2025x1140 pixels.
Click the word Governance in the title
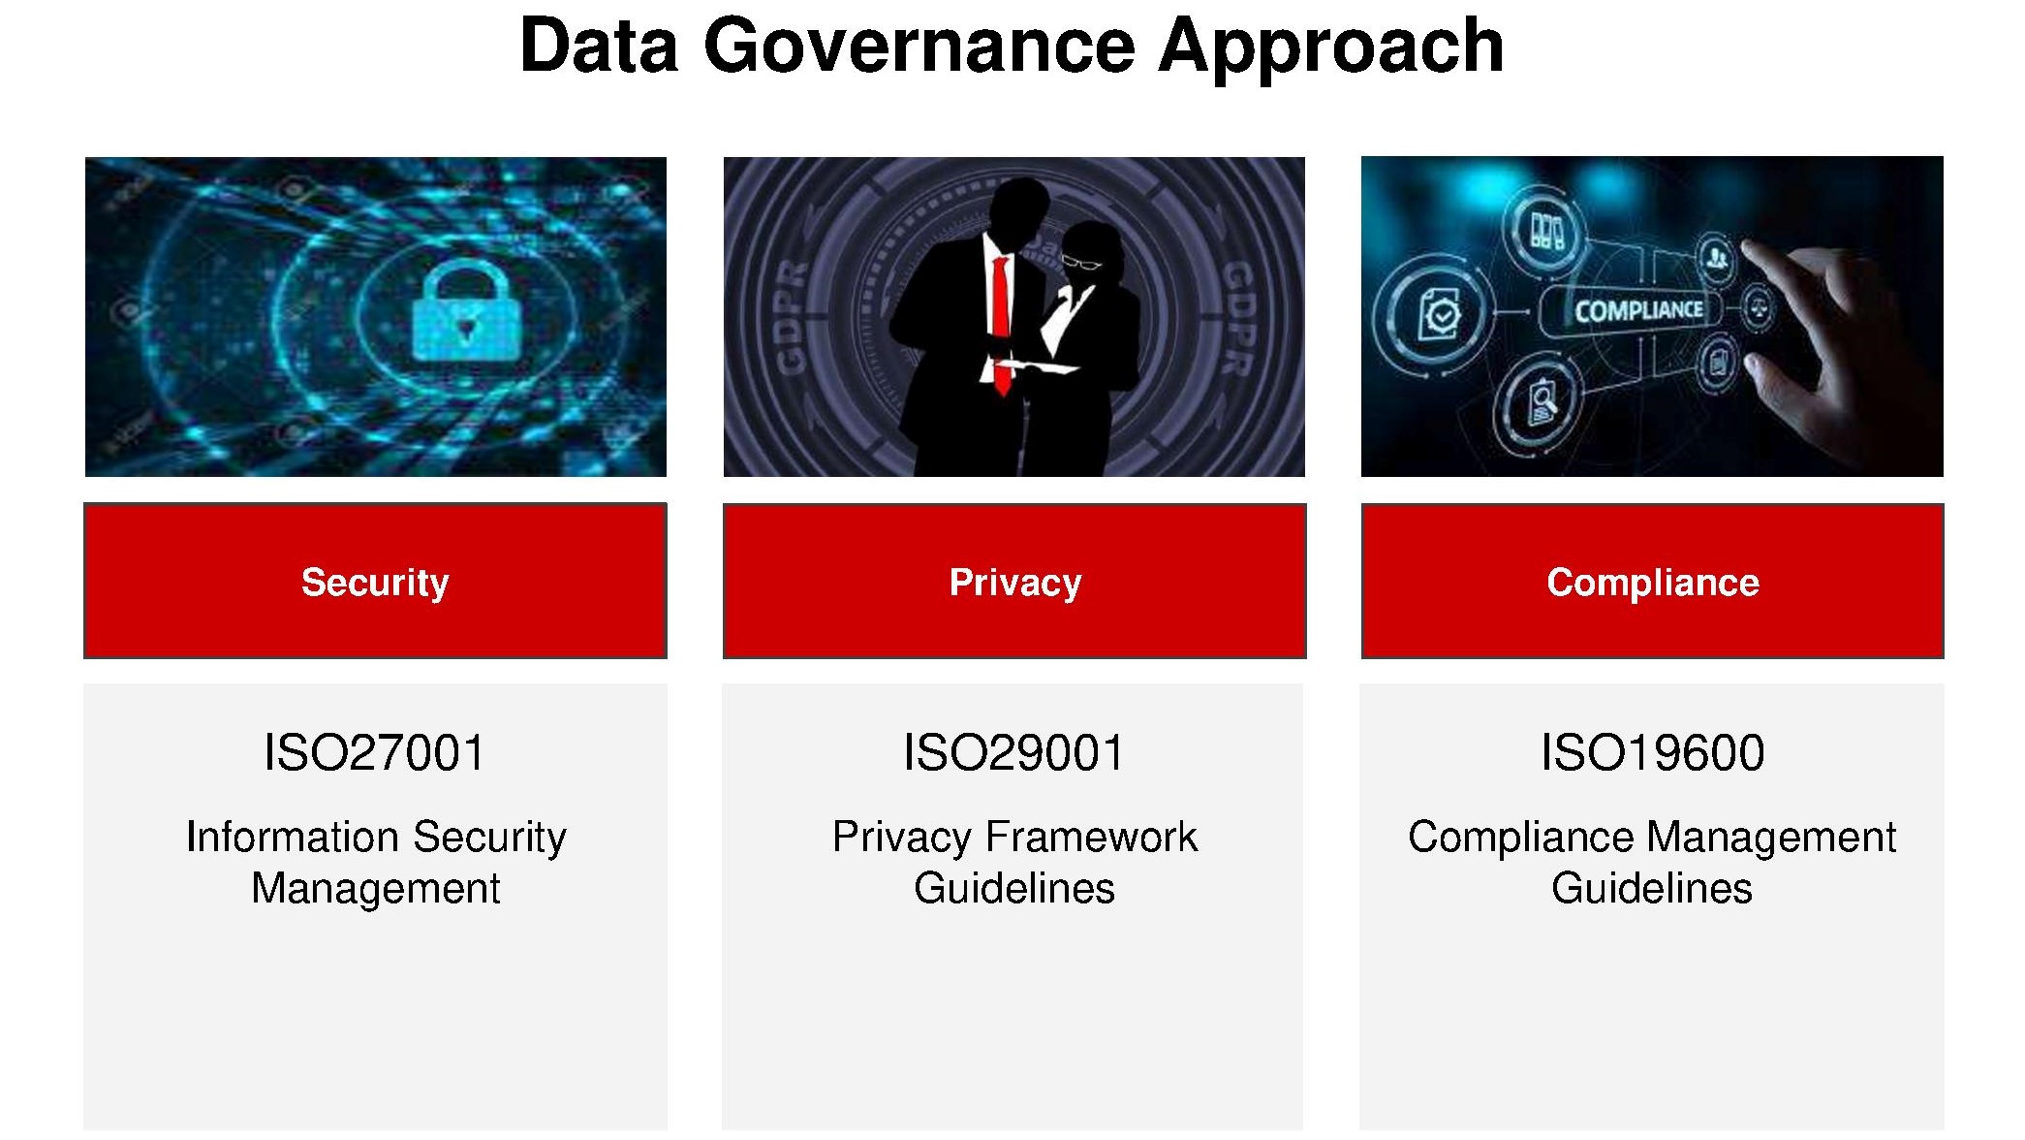tap(919, 46)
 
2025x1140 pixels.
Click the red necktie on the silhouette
tap(1001, 325)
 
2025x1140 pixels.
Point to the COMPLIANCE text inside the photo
tap(1638, 311)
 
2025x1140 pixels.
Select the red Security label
tap(375, 581)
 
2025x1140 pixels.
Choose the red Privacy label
tap(1014, 581)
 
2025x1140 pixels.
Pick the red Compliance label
tap(1652, 581)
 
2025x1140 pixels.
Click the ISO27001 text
tap(374, 752)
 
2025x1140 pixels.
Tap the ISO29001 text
tap(1013, 752)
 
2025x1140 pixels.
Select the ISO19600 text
tap(1652, 752)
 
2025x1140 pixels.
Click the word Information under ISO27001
tap(293, 837)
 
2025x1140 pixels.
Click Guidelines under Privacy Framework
tap(1014, 888)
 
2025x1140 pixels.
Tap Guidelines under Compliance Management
tap(1652, 888)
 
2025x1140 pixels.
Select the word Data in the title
tap(599, 46)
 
